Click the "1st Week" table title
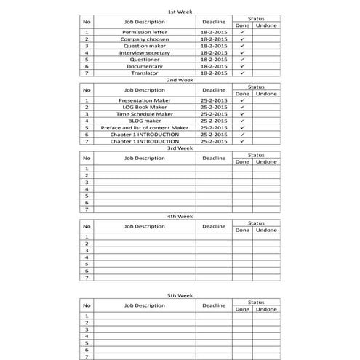[180, 12]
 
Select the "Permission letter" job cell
[145, 33]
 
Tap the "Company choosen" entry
[145, 39]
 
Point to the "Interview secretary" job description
[145, 53]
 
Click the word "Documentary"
[145, 66]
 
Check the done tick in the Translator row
[242, 73]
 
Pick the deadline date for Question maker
[214, 46]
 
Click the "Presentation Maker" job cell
[145, 100]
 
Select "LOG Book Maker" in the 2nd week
[145, 107]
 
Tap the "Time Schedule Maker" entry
[145, 114]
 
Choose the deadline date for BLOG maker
[214, 121]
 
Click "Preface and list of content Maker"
[145, 127]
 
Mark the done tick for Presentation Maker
[242, 100]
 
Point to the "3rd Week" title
[180, 148]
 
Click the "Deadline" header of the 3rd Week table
[214, 158]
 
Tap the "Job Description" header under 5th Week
[145, 305]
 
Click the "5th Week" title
[180, 296]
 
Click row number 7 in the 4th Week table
[87, 277]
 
